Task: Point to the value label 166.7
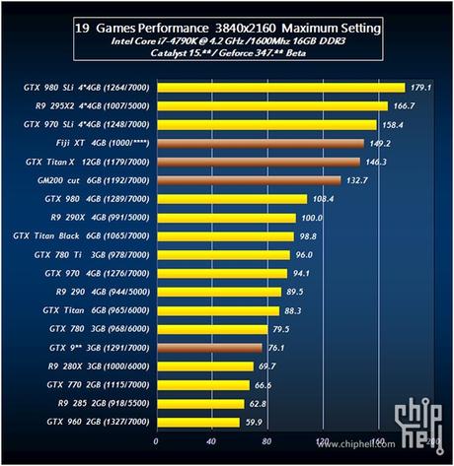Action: (x=404, y=105)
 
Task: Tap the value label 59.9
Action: (x=255, y=422)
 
